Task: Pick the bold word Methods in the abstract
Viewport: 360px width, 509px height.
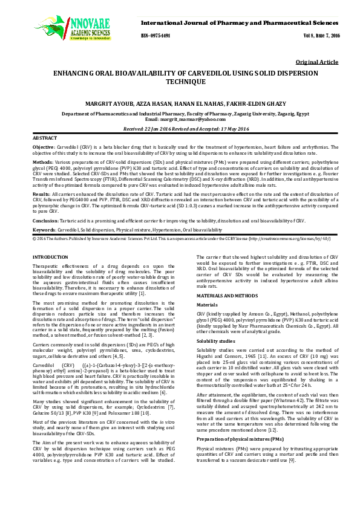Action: pos(42,163)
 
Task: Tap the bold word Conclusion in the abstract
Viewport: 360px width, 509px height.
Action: pos(45,221)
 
